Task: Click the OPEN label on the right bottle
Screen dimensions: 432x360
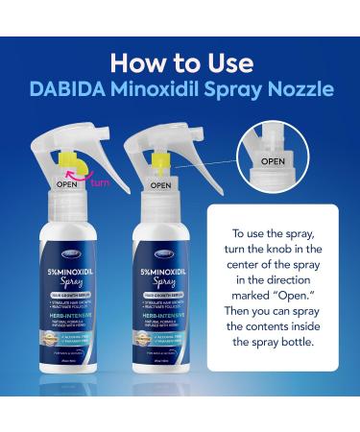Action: pyautogui.click(x=160, y=184)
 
